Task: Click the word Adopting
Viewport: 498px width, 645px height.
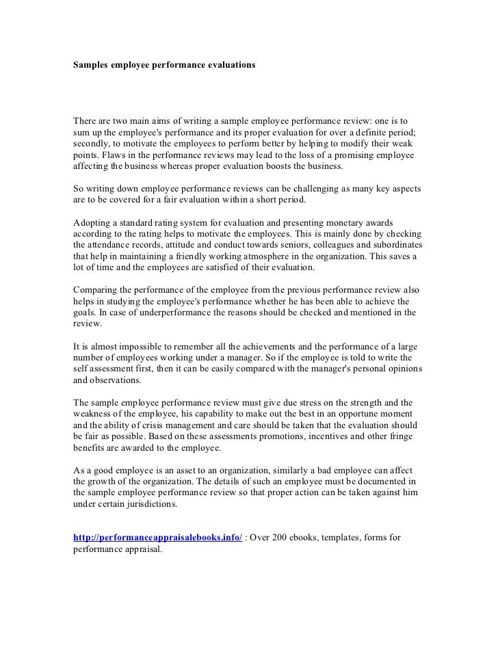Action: (x=92, y=222)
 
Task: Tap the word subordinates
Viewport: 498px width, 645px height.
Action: (x=391, y=244)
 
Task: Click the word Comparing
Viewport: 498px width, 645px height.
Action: (x=96, y=289)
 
